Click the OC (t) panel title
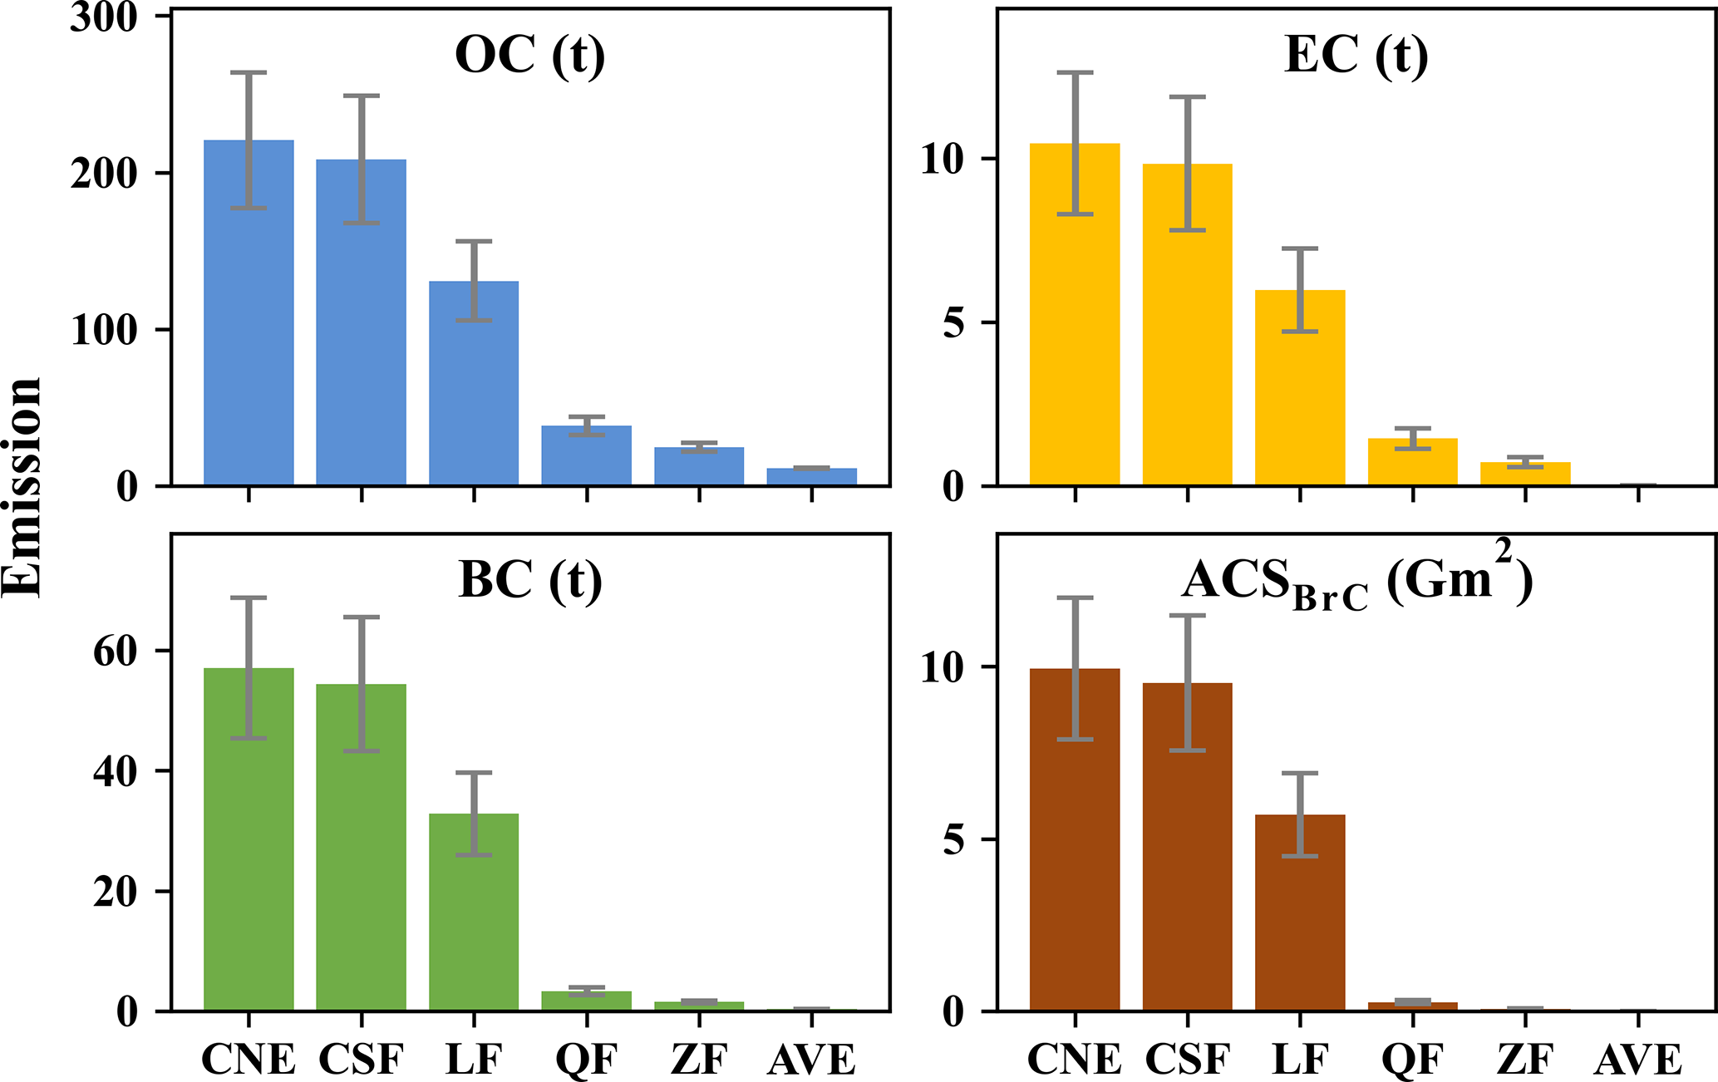(x=530, y=57)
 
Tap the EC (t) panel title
(x=1356, y=57)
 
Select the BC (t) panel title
(x=530, y=580)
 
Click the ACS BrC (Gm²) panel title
(x=1356, y=582)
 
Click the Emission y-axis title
(x=22, y=486)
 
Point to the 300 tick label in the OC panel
(x=103, y=18)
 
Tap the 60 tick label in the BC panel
(x=115, y=652)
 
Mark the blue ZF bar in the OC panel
(x=699, y=466)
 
